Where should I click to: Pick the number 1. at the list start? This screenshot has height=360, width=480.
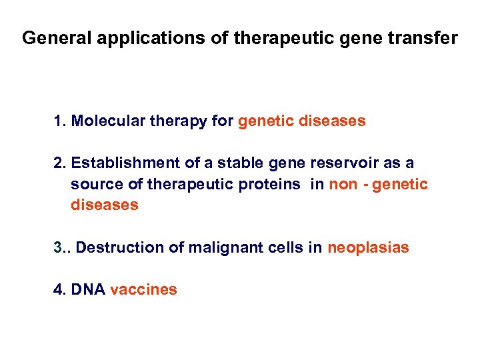pos(60,121)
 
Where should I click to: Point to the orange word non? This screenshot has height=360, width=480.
pos(343,184)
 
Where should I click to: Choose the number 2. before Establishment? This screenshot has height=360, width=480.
pos(60,163)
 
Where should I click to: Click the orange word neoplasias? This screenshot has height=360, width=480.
pos(368,247)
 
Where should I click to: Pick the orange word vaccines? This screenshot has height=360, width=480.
pos(143,289)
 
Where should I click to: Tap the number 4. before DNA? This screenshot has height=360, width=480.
pos(60,289)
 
